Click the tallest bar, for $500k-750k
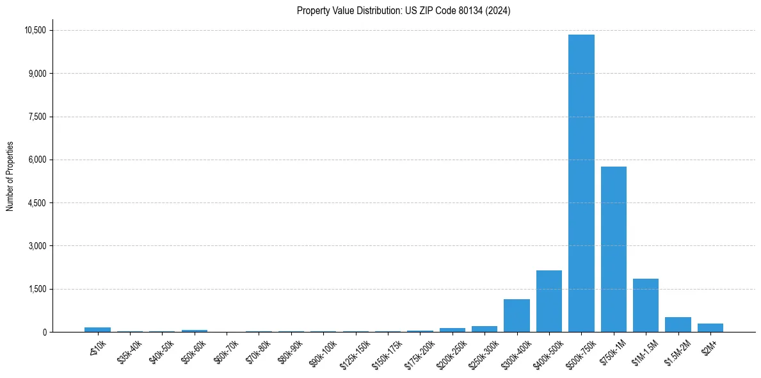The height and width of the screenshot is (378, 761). tap(581, 183)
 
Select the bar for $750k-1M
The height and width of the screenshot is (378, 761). tap(613, 249)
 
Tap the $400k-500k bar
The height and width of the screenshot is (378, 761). tap(549, 301)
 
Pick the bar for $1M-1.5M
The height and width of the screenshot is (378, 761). tap(646, 305)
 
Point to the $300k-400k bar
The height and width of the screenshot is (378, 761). tap(517, 315)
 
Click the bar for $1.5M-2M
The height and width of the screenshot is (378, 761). tap(678, 324)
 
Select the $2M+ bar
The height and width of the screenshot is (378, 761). tap(710, 327)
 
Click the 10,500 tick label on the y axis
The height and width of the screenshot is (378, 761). tap(35, 30)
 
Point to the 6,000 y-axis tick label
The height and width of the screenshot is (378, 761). tap(37, 160)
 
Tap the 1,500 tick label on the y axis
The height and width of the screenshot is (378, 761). tap(37, 289)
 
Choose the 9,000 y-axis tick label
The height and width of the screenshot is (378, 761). tap(37, 74)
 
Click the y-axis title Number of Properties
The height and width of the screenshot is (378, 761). tap(10, 176)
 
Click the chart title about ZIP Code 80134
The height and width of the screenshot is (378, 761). tap(403, 11)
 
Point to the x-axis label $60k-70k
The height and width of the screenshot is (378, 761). tap(226, 350)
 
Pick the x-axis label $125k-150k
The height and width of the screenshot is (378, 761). tap(355, 352)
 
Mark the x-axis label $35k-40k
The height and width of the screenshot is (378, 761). tap(129, 350)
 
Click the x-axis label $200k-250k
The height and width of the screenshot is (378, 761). tap(451, 352)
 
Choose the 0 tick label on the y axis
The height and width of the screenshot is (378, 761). tap(44, 332)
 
